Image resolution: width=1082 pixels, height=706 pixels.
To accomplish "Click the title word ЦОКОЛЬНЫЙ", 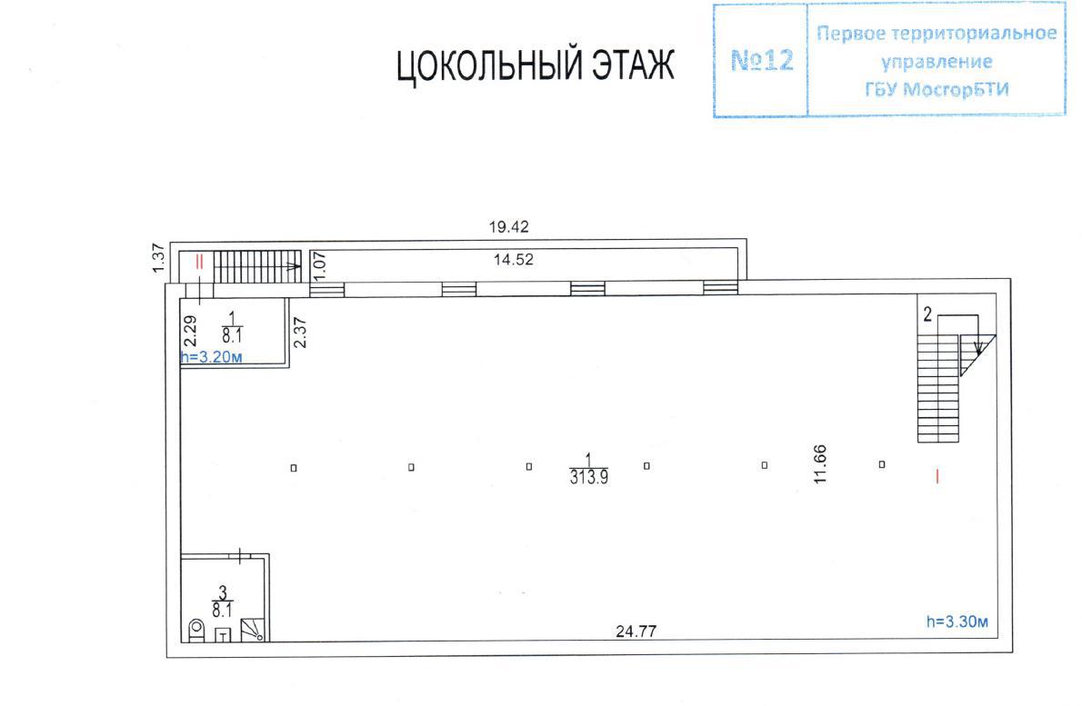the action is [x=485, y=66].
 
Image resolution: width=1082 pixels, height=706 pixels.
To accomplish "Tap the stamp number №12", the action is [x=762, y=61].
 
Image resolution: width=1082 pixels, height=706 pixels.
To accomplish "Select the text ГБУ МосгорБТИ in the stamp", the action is [x=937, y=90].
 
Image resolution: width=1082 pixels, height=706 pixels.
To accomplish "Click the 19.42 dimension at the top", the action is [x=508, y=227].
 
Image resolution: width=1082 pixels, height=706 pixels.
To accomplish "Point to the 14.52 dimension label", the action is [x=514, y=260].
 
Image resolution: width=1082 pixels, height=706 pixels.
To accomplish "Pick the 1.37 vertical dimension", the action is [x=159, y=258].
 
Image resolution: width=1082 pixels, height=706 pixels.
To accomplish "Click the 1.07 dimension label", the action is [x=319, y=265].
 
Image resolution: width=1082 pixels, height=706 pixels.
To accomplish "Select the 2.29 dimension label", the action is [x=191, y=331].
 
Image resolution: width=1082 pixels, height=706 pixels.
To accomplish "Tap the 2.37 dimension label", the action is [x=299, y=333].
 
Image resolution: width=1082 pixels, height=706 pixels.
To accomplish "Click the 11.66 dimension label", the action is [x=820, y=464].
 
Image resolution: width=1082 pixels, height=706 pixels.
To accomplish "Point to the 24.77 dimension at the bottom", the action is [x=636, y=631].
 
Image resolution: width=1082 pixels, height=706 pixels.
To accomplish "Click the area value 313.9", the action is [x=588, y=477].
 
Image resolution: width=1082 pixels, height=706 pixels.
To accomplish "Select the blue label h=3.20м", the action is [x=211, y=357].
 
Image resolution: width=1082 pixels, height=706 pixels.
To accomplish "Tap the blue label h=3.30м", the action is [x=957, y=621].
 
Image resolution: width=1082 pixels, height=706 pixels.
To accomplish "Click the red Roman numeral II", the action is [x=199, y=262].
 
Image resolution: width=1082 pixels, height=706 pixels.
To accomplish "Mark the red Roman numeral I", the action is [x=937, y=476].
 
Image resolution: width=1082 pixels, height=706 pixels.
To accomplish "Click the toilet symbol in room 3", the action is [x=197, y=631].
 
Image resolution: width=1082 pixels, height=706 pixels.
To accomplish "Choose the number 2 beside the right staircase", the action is [x=927, y=315].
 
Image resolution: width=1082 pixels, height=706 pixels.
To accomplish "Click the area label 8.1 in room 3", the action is [x=222, y=611].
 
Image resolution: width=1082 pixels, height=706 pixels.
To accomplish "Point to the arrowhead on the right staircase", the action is [x=977, y=347].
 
